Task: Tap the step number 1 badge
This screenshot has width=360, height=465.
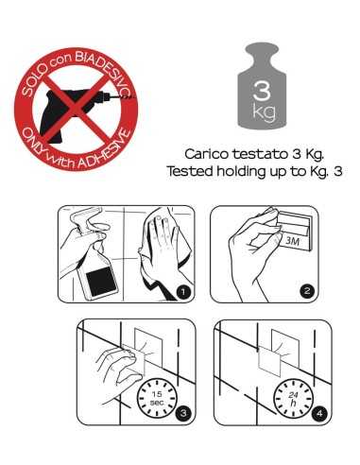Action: coord(183,292)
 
